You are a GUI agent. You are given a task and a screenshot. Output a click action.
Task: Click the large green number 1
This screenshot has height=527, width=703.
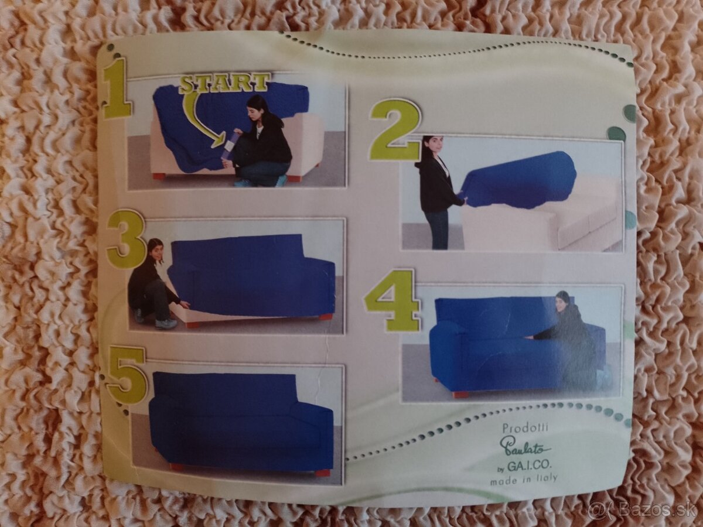(117, 88)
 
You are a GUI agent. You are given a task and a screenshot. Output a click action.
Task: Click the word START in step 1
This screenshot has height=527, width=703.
(224, 83)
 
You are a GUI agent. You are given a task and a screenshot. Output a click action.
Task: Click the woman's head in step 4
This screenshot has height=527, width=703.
(563, 302)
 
